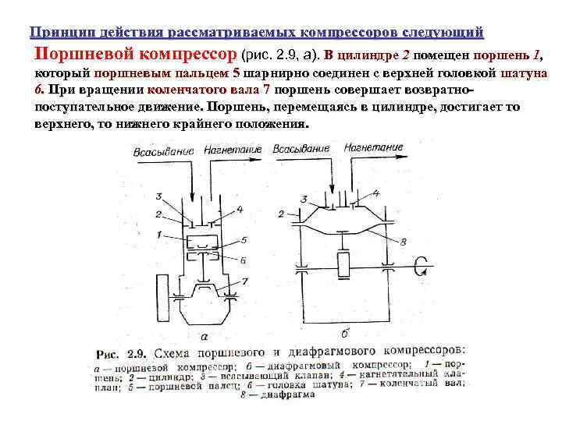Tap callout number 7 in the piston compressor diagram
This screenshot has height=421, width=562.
tap(245, 281)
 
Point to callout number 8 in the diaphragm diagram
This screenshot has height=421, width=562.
tap(404, 241)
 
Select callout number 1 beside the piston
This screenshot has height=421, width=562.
tap(158, 235)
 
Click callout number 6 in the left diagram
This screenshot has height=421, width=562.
tap(244, 260)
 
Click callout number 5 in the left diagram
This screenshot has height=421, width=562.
tap(244, 240)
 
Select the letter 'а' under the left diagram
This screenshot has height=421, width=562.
tap(204, 337)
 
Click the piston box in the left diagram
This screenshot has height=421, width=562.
tap(204, 240)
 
